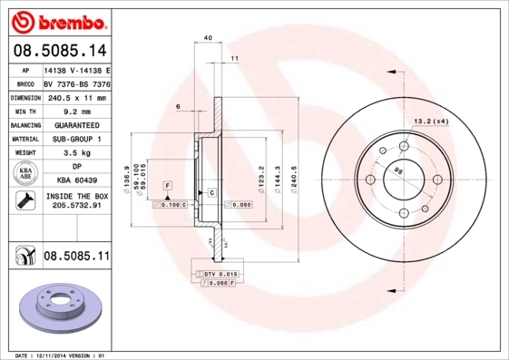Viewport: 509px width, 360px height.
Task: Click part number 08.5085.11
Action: point(76,258)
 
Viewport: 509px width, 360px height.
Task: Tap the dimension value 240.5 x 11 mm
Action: point(76,97)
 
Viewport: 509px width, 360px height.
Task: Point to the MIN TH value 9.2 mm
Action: point(76,111)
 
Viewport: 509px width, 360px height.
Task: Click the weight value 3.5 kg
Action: point(76,154)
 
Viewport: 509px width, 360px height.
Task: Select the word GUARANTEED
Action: point(76,125)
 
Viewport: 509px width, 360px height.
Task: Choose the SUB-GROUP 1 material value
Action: point(76,140)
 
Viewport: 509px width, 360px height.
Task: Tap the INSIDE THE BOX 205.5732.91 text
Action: point(76,201)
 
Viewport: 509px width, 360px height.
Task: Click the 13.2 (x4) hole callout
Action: point(431,121)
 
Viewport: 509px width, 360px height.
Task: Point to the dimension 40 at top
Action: point(208,37)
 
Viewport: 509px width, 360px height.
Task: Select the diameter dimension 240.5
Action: point(293,169)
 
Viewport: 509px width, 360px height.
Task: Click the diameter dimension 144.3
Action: point(278,169)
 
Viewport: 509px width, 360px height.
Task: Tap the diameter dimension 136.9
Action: point(138,169)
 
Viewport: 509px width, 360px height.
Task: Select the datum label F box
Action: point(167,185)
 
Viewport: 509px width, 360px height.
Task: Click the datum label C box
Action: point(211,193)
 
